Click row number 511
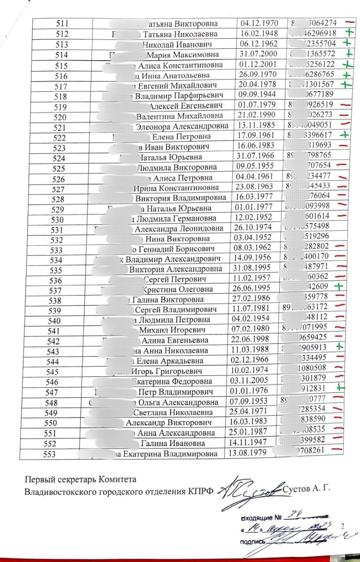(x=62, y=24)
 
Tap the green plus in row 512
(x=349, y=32)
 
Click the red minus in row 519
(x=345, y=105)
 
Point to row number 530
(x=59, y=219)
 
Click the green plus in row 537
(x=338, y=287)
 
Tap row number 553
(x=50, y=454)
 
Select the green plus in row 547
(x=341, y=387)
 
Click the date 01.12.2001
(x=257, y=64)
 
